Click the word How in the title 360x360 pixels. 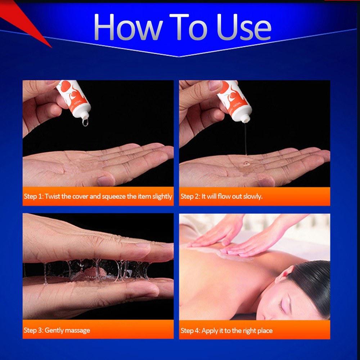click(128, 27)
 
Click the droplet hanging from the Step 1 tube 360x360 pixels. click(85, 122)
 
